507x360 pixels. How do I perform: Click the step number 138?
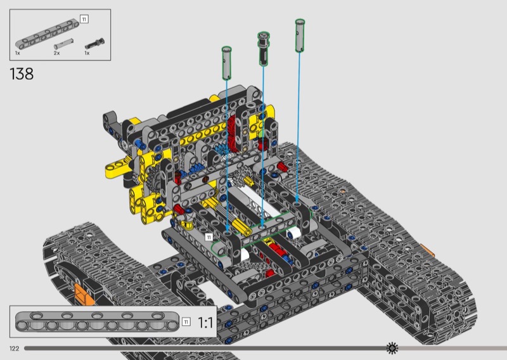(x=22, y=74)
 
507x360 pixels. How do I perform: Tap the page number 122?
(x=14, y=349)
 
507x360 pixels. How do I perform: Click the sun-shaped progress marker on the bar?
(x=392, y=348)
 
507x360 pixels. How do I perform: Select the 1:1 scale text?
(x=205, y=323)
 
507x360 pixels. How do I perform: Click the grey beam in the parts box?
(x=47, y=34)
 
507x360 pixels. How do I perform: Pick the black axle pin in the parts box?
(x=94, y=44)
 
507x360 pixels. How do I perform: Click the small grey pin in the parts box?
(x=64, y=44)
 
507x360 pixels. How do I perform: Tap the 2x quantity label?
(x=56, y=53)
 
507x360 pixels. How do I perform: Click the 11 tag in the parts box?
(x=84, y=20)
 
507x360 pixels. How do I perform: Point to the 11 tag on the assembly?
(x=209, y=238)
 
